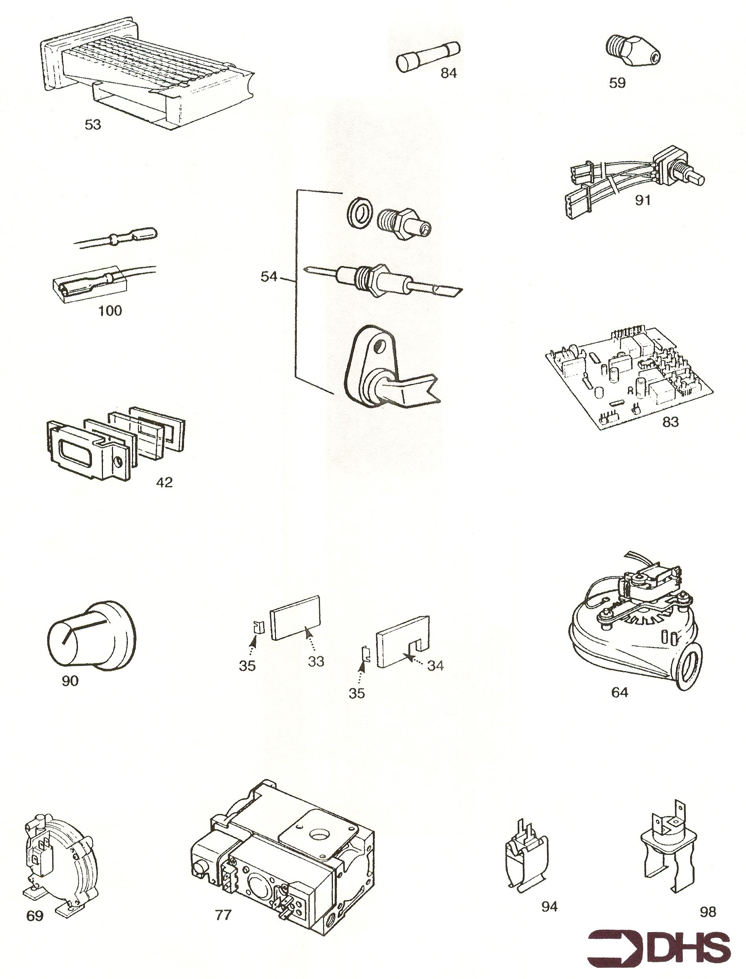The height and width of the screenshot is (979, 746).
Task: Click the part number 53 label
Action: [93, 125]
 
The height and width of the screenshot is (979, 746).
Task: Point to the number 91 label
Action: [643, 201]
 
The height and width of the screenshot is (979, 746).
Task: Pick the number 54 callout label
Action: [269, 277]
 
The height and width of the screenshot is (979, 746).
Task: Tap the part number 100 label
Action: [110, 310]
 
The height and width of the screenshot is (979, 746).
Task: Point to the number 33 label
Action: [316, 661]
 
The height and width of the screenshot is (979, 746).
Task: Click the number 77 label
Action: [223, 915]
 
